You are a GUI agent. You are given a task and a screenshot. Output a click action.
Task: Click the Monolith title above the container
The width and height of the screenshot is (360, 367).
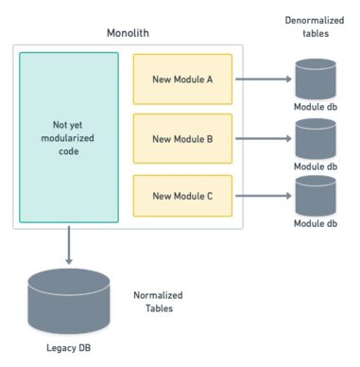130,33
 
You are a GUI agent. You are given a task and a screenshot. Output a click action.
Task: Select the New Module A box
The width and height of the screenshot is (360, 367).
182,79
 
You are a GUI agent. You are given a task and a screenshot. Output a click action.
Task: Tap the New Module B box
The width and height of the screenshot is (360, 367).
182,138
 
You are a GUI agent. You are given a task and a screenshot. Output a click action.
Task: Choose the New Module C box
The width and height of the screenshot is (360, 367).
182,197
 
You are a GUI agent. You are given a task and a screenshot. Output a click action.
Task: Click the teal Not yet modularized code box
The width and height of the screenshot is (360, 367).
69,137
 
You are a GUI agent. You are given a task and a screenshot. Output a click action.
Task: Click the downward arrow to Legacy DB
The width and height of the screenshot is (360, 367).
69,247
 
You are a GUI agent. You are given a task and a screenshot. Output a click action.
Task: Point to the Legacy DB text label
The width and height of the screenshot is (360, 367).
69,347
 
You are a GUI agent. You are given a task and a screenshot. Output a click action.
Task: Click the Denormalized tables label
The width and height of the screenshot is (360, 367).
313,26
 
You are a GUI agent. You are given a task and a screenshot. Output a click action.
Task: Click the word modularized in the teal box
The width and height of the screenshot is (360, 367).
69,137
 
